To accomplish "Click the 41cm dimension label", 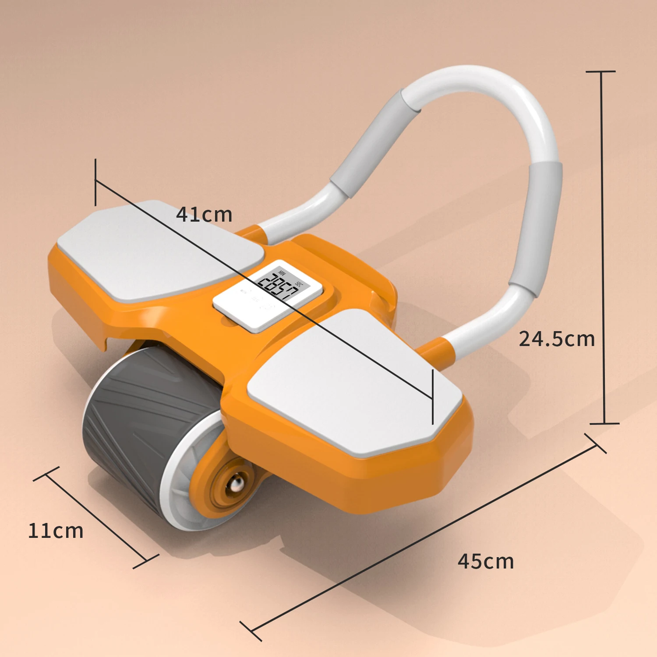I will [204, 215].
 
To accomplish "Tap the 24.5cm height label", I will [557, 339].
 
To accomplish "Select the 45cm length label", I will [486, 562].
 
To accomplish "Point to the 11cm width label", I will [56, 531].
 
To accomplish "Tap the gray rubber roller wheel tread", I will [131, 420].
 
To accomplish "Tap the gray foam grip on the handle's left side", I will [372, 145].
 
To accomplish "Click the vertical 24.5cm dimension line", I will [603, 245].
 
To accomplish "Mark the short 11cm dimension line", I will [95, 517].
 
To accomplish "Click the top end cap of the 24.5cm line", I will [601, 71].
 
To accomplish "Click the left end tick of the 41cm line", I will [95, 182].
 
